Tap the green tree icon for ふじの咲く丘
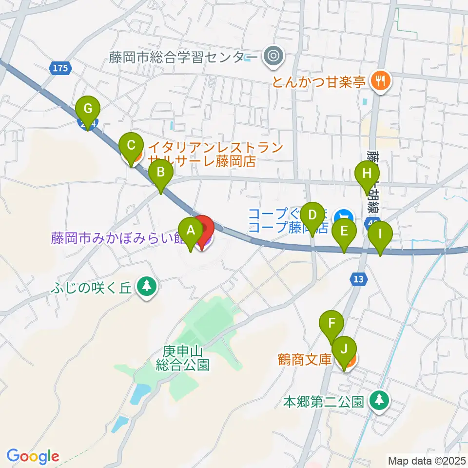tap(146, 287)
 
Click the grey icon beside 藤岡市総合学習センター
tap(272, 57)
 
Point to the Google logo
tap(33, 456)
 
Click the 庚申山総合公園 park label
tap(183, 358)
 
